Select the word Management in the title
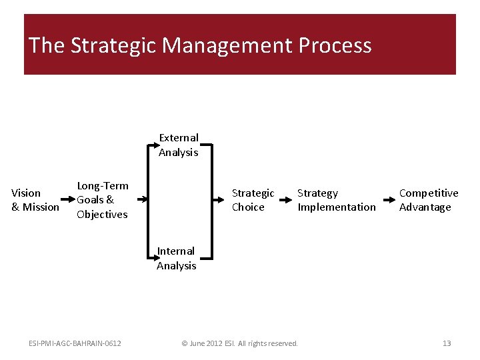point(228,45)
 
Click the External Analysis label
point(178,145)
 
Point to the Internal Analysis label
point(177,258)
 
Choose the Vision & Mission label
point(35,200)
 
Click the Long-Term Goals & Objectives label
point(103,200)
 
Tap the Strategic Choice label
point(253,200)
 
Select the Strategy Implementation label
point(337,200)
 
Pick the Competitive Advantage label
point(429,200)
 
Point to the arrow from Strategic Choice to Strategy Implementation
point(285,199)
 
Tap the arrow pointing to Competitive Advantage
point(389,199)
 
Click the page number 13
point(447,343)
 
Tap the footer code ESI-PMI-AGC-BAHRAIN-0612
point(75,343)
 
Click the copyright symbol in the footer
point(185,343)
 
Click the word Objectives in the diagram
point(102,215)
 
